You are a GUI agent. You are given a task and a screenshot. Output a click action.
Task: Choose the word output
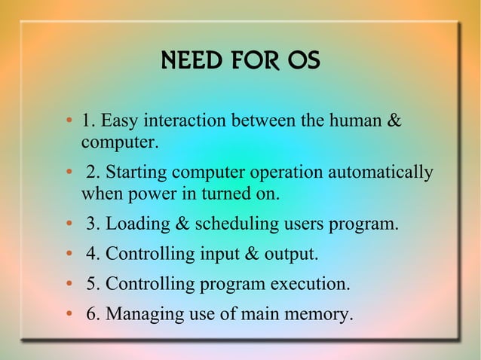pyautogui.click(x=291, y=255)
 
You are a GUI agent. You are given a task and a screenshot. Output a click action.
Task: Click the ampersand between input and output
pyautogui.click(x=251, y=255)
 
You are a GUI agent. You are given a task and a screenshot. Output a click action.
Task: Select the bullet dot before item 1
pyautogui.click(x=69, y=121)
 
